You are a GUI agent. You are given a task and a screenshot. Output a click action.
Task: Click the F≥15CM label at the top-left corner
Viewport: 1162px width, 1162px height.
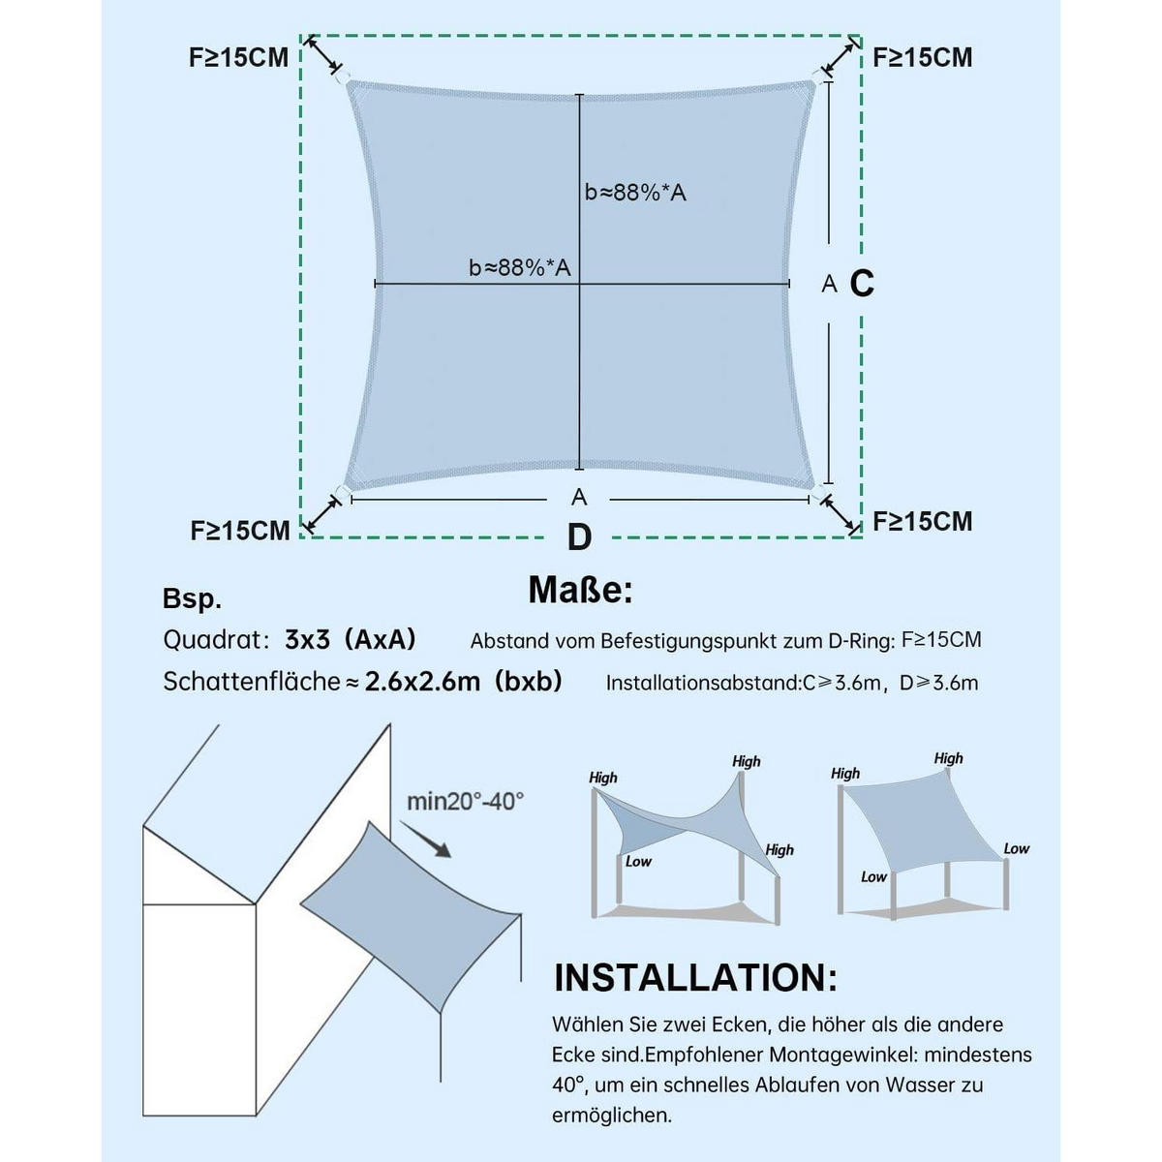point(238,58)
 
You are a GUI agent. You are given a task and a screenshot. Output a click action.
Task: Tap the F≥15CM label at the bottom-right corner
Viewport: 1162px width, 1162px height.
point(923,522)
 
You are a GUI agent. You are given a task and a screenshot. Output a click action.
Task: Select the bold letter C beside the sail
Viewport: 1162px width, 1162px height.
point(862,283)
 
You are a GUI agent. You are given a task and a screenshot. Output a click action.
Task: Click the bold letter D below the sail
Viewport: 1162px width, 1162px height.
point(579,536)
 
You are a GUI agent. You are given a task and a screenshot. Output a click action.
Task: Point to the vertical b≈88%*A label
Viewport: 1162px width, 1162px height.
point(635,193)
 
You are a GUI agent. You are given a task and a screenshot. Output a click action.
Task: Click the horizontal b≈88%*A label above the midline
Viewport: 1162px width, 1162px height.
point(520,267)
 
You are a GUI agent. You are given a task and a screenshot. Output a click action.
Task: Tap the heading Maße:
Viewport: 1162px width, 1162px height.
point(581,590)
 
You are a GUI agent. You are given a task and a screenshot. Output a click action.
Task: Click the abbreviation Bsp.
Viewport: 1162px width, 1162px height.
point(192,598)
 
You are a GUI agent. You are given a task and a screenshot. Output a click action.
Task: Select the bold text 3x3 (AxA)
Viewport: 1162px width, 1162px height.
point(351,639)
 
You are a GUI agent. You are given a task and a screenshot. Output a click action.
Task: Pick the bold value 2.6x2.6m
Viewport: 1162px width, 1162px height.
point(422,682)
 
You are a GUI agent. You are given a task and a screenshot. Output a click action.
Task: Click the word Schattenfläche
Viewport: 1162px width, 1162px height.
point(252,682)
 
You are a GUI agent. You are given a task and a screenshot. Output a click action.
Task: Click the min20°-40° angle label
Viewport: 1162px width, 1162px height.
point(465,802)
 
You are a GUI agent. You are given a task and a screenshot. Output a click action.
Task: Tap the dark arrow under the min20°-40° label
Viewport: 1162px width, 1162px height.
point(425,839)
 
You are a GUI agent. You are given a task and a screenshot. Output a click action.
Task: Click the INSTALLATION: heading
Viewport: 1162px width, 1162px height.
point(695,978)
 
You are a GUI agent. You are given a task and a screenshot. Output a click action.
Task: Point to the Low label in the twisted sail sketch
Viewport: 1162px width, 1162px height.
point(638,861)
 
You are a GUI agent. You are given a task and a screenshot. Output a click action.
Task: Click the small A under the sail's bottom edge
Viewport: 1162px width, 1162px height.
point(579,498)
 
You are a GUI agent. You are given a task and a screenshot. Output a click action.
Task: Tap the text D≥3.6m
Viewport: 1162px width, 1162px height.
point(939,684)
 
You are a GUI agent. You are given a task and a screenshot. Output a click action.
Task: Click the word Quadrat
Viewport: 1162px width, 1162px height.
point(212,640)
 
